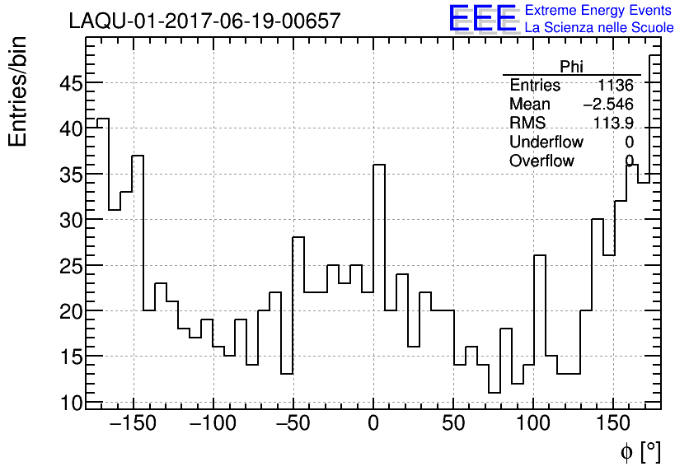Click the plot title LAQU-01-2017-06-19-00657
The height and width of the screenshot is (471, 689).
204,21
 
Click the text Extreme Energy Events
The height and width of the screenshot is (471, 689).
599,11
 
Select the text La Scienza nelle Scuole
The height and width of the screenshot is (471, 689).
599,27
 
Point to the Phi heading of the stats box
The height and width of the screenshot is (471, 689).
571,67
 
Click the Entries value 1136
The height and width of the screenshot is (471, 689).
616,86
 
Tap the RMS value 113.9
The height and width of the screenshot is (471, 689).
613,124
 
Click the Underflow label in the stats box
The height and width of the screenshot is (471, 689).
546,142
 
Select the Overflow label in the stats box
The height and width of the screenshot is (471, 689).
541,161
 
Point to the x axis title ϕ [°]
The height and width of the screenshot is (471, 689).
640,451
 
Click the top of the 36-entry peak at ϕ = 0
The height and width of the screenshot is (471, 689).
379,165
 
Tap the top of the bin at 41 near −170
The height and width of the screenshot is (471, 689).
103,119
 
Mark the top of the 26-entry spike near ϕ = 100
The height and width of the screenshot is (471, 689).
540,256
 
